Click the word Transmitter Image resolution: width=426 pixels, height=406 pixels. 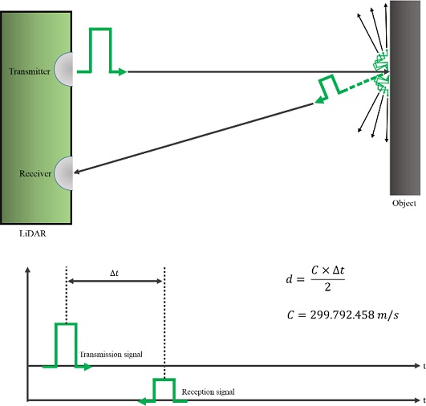point(30,71)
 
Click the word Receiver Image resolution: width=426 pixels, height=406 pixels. point(35,173)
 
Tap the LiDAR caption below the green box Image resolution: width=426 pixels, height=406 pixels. point(33,233)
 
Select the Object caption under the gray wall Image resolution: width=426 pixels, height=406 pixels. point(404,203)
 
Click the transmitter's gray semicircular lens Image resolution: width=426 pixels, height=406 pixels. point(65,69)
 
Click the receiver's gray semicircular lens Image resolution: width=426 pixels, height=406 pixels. point(65,173)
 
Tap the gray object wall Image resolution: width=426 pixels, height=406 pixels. point(405,98)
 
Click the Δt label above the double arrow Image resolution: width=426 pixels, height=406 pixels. point(115,273)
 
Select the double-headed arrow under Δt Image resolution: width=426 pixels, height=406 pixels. point(115,281)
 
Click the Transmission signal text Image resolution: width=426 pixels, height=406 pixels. point(111,355)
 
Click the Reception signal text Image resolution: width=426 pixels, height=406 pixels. point(208,392)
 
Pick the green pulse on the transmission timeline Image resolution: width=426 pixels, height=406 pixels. point(67,345)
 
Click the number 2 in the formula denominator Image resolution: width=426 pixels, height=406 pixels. point(327,287)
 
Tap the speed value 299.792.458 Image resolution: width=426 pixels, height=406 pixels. point(342,315)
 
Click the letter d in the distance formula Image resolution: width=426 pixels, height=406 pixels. point(289,279)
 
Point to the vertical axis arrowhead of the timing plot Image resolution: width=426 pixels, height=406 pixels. point(27,270)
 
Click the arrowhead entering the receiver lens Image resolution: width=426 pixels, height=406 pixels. point(76,172)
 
